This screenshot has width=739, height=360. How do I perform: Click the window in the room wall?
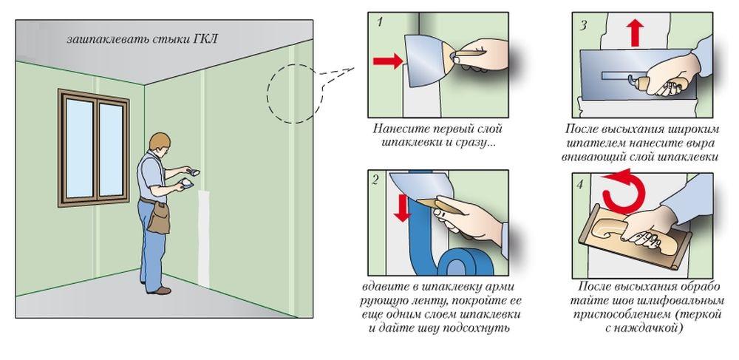coord(93,148)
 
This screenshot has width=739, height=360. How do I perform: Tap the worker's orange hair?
coord(160,140)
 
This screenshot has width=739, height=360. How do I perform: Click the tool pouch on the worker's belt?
coord(159,217)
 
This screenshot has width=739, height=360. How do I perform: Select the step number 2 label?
coord(375,180)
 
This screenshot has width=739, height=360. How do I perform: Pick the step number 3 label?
coord(583,25)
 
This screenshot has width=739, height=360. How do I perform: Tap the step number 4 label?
coord(579,185)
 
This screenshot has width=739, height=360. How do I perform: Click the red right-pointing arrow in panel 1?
coord(387,61)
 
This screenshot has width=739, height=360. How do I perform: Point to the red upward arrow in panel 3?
coord(636,32)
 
